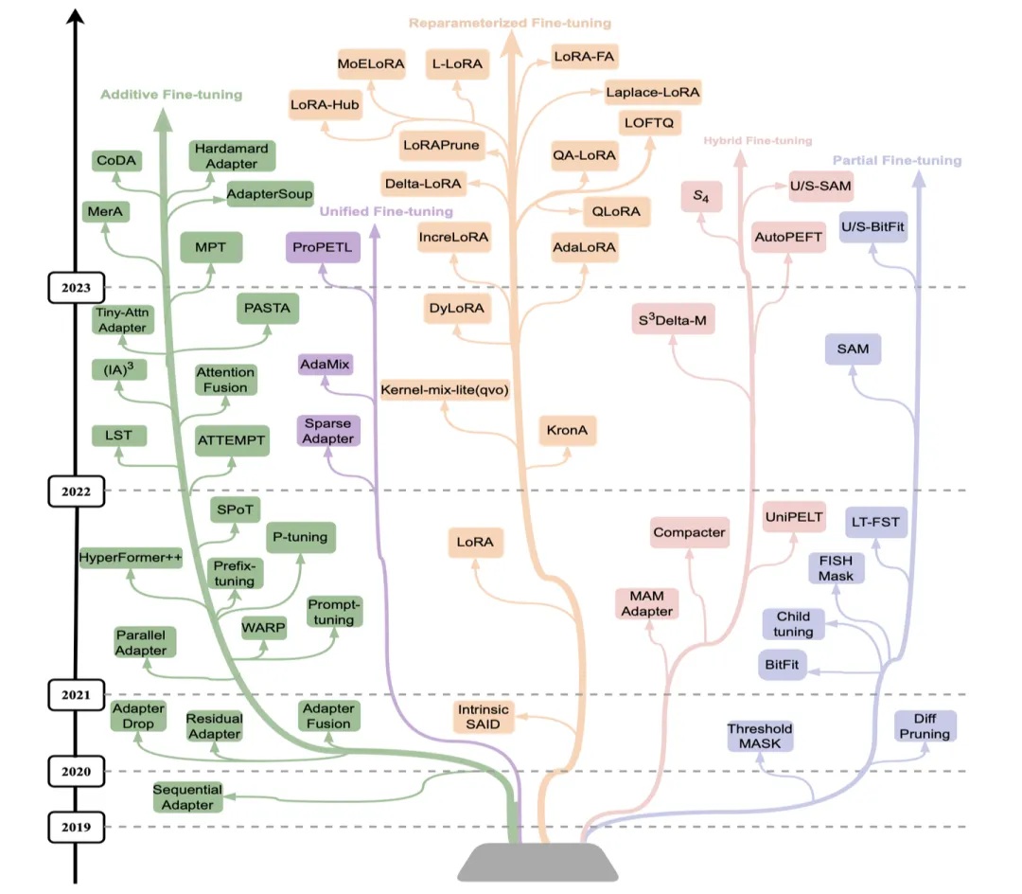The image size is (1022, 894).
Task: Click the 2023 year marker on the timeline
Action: coord(77,287)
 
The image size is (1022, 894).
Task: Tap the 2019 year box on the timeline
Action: coord(77,827)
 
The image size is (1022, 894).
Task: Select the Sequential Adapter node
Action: coord(186,796)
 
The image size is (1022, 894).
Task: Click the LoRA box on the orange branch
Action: coord(475,543)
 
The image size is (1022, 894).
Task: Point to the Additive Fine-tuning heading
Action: coord(171,95)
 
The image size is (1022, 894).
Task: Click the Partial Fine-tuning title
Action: coord(896,160)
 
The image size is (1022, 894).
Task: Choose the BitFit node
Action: coord(782,665)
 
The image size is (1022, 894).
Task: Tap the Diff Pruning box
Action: coord(925,726)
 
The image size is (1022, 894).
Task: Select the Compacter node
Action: coord(689,532)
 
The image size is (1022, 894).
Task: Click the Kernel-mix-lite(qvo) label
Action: coord(445,389)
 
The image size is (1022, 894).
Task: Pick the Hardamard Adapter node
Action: coord(231,155)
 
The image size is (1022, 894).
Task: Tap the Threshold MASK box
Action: coord(759,736)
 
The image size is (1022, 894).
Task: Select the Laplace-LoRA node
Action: coord(653,92)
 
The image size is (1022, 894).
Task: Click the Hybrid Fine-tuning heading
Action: coord(757,141)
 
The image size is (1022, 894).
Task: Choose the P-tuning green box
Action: coord(299,537)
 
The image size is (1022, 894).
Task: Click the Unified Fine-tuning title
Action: coord(386,211)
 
